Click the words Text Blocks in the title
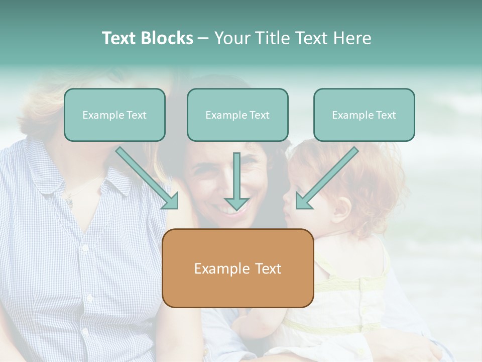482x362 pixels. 147,38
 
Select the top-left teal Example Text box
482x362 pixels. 114,115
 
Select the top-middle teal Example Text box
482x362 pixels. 237,115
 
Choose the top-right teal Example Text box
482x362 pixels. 364,115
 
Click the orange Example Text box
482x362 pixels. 237,268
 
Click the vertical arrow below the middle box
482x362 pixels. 236,176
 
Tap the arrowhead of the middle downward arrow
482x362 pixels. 236,204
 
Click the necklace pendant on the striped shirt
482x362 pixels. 69,203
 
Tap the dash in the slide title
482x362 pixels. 203,38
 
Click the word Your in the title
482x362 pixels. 231,38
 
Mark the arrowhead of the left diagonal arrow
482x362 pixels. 171,201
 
